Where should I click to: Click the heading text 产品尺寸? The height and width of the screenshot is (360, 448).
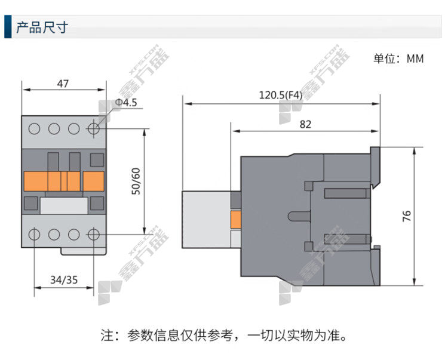(x=42, y=27)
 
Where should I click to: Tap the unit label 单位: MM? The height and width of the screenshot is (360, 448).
(x=398, y=59)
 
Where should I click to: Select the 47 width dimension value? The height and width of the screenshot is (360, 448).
(x=63, y=84)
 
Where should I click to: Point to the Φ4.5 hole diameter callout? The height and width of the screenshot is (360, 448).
(x=126, y=103)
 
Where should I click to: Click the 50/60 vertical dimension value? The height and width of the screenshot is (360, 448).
(x=136, y=181)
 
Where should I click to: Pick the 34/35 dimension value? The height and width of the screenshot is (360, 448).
(x=64, y=280)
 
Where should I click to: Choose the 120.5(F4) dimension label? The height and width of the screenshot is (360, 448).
(x=280, y=95)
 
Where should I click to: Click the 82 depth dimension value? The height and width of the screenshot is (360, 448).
(x=305, y=124)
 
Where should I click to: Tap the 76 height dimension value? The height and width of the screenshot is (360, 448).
(x=407, y=216)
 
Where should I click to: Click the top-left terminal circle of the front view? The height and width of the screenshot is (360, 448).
(x=34, y=129)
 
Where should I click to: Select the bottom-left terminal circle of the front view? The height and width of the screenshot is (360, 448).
(x=34, y=235)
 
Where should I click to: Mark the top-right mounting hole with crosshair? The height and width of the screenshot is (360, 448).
(x=93, y=129)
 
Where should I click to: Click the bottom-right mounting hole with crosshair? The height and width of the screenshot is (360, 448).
(x=93, y=235)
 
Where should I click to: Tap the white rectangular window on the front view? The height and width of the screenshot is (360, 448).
(x=64, y=205)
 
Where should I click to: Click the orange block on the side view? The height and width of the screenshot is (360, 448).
(x=236, y=220)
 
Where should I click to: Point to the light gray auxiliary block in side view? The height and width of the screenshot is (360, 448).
(x=207, y=219)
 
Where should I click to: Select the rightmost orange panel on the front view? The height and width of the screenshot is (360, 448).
(x=93, y=181)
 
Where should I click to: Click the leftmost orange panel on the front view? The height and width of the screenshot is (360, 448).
(x=36, y=181)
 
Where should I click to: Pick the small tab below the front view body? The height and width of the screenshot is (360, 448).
(x=84, y=251)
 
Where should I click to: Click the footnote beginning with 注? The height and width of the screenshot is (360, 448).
(x=224, y=335)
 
